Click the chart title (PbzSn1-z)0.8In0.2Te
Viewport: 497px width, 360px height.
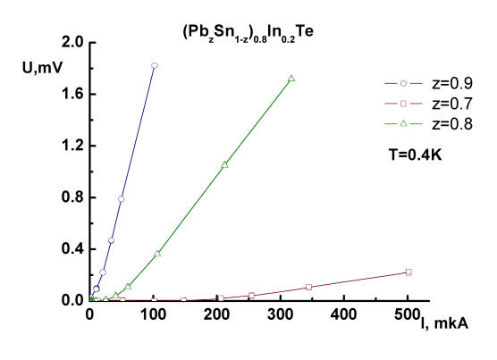(x=248, y=33)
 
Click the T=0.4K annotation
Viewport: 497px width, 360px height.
(x=415, y=155)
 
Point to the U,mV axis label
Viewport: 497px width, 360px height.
(x=43, y=67)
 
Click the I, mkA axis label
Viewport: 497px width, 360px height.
(x=444, y=323)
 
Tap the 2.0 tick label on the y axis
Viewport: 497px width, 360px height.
(x=74, y=42)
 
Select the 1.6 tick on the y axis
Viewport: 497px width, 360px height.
(x=74, y=94)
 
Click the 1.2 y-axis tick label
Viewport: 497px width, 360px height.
(x=74, y=146)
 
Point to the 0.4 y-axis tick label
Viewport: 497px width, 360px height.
(x=74, y=249)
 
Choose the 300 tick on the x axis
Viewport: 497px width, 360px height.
(x=280, y=314)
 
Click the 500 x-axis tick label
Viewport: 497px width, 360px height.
(x=407, y=314)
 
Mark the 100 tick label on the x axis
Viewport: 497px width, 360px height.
(x=153, y=314)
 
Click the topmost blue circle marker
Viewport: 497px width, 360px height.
(x=155, y=65)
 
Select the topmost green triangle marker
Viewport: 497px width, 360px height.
(x=291, y=79)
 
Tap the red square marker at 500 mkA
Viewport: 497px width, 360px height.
(x=409, y=272)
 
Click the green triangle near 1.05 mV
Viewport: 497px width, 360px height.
(x=224, y=164)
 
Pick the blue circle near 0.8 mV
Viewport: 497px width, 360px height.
(x=121, y=199)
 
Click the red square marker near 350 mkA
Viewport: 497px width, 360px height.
(x=308, y=287)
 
